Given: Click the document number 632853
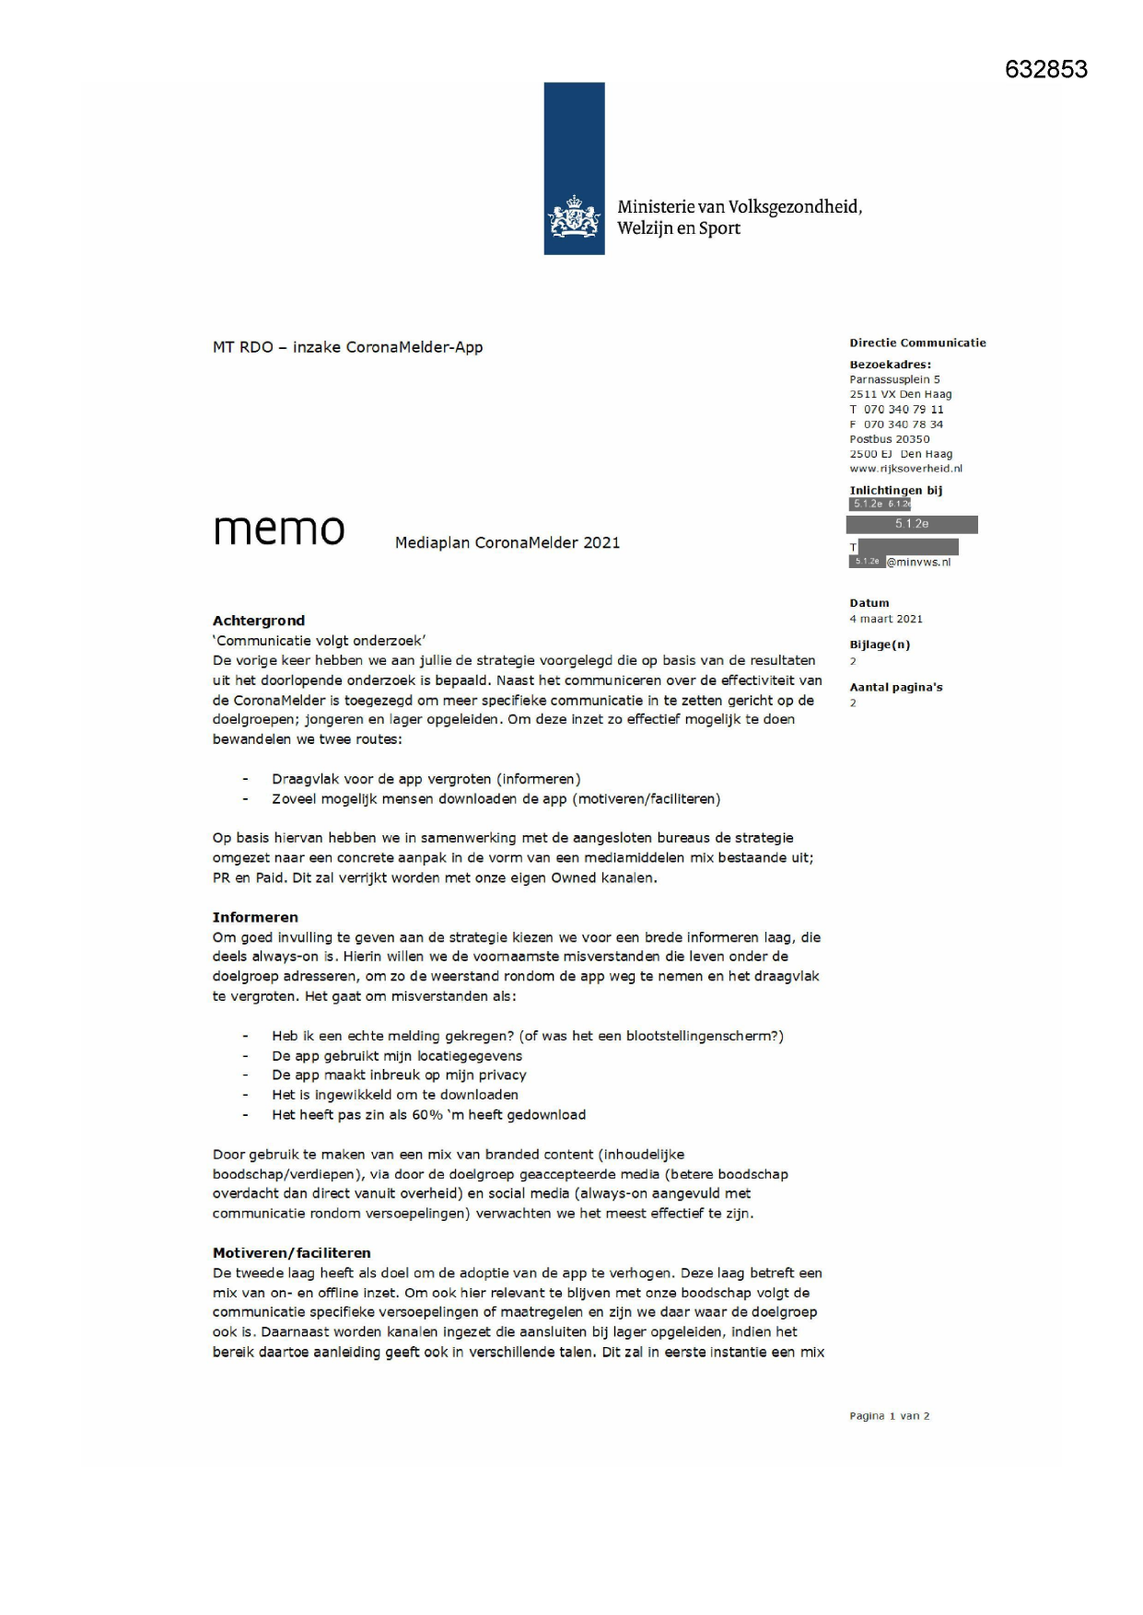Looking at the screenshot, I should tap(1045, 70).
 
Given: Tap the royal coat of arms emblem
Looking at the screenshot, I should tap(574, 217).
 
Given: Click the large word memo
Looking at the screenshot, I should tap(279, 529).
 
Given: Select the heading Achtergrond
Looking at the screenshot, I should tap(259, 621).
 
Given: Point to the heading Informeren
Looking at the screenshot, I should tap(255, 917).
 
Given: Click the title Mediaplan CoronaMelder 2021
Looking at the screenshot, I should tap(507, 542).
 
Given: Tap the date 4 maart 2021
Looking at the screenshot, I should tap(885, 619).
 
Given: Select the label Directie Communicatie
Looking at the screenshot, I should tap(917, 343).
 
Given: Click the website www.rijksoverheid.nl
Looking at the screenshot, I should tap(905, 469).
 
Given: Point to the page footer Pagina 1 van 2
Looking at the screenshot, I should tap(889, 1416).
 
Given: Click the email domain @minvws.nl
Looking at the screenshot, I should tap(918, 562).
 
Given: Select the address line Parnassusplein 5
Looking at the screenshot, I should tap(894, 379).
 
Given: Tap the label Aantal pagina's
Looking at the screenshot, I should tap(895, 687).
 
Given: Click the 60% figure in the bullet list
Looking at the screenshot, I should tap(426, 1115).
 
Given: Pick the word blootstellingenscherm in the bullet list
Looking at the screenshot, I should tap(701, 1036).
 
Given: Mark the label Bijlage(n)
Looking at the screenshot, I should tap(880, 645).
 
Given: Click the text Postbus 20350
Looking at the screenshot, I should tap(889, 439).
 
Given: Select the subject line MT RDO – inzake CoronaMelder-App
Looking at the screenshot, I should tap(347, 347).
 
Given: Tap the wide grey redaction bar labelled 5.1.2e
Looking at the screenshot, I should tap(912, 524).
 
